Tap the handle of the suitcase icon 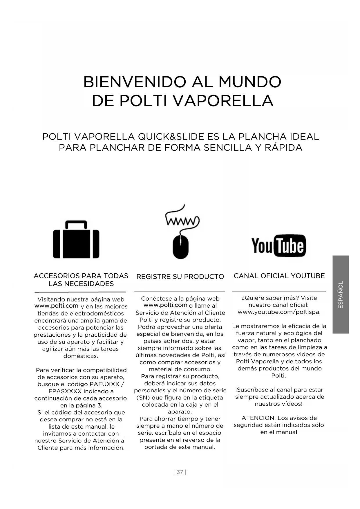click(76, 223)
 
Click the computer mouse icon click(180, 246)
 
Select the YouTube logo click(278, 246)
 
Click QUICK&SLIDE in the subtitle click(171, 137)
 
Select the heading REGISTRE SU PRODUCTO click(180, 277)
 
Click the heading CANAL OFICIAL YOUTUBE click(279, 276)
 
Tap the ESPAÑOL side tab click(341, 294)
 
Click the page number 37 click(180, 472)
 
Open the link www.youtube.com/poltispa click(279, 312)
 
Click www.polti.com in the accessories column click(56, 306)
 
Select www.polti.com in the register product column click(165, 305)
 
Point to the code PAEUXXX click(104, 384)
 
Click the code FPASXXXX click(65, 391)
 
